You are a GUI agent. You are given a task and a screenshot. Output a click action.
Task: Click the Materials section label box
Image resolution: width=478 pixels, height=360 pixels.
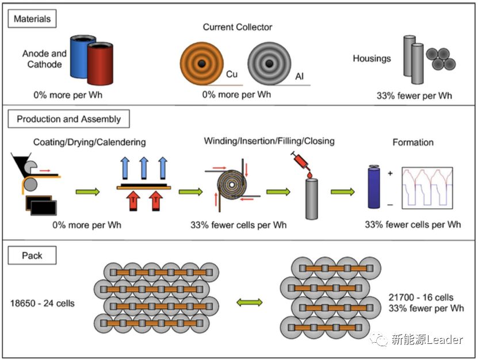[32, 19]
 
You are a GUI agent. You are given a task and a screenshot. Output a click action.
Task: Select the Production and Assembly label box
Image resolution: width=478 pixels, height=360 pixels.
[68, 119]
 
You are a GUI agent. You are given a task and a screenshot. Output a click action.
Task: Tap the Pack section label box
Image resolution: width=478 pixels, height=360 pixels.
[32, 255]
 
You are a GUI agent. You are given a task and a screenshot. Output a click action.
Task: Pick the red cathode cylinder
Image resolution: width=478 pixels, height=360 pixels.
[101, 64]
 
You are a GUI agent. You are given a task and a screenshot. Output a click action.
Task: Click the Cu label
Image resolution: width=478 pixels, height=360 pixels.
[232, 75]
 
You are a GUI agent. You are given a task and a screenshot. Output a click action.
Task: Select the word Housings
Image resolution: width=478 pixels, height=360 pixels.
[372, 58]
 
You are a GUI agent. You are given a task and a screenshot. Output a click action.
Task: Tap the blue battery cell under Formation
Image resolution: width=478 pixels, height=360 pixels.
[375, 187]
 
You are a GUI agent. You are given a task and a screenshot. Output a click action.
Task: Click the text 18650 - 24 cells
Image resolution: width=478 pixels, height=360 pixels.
[43, 303]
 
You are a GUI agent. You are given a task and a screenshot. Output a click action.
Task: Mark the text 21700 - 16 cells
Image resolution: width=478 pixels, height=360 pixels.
[421, 297]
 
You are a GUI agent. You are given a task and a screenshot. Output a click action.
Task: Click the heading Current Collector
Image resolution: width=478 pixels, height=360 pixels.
[238, 27]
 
